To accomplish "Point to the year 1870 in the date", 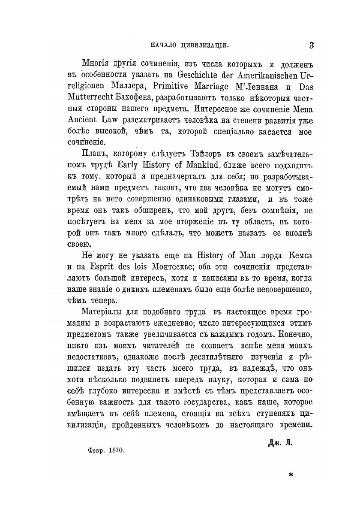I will pyautogui.click(x=116, y=451).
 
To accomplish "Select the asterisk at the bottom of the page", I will pyautogui.click(x=291, y=475).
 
